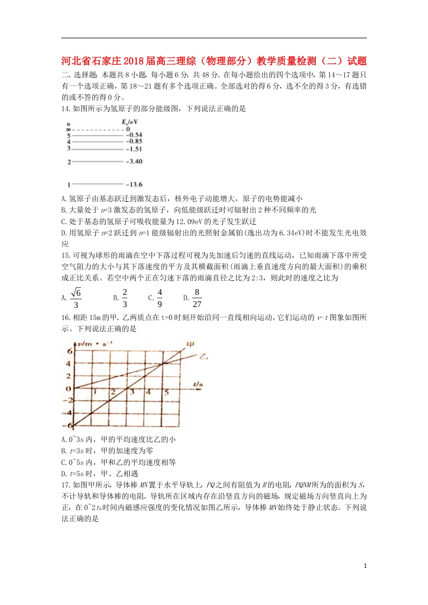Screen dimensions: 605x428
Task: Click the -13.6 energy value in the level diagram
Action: [134, 185]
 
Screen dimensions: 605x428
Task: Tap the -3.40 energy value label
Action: [134, 162]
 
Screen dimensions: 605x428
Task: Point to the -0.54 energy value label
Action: [134, 135]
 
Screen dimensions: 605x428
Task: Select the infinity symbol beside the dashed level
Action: [68, 130]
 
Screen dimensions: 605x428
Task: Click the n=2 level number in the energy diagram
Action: [69, 162]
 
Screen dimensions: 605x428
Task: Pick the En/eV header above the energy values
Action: [130, 122]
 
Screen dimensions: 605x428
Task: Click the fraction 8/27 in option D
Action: [197, 298]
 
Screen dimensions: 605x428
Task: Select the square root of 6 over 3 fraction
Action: [76, 298]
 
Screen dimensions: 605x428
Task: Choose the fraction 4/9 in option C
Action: [159, 298]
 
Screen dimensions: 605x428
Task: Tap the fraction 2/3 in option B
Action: [125, 298]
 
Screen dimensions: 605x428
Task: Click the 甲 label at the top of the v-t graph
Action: [191, 345]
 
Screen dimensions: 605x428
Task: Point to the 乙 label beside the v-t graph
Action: [204, 357]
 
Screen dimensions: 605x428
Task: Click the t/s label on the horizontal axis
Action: [198, 384]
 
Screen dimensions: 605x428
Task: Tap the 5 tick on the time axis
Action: [166, 393]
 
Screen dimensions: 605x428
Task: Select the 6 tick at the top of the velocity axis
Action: [69, 351]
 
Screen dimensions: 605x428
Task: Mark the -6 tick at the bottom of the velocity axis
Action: [69, 425]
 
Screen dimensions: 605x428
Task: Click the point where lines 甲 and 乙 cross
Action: [163, 363]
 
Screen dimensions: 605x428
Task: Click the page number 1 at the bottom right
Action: [365, 566]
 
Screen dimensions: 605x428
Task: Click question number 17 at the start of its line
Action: [66, 485]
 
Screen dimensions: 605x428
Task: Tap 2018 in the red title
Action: [133, 61]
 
